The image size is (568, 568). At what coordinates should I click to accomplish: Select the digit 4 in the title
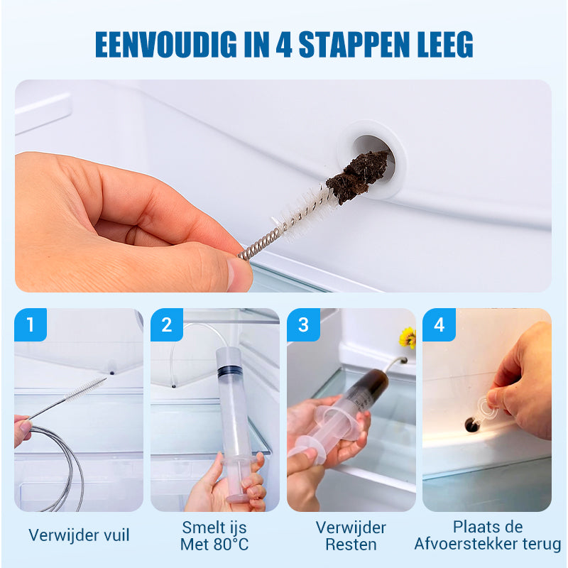[x=283, y=44]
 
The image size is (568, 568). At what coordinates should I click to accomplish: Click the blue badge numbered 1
[x=31, y=324]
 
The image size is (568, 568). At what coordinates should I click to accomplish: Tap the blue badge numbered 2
[x=167, y=324]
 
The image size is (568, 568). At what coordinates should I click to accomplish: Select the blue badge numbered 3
[x=303, y=324]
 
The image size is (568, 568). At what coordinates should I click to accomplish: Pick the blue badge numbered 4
[x=439, y=324]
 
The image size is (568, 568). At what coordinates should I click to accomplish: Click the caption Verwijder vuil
[x=79, y=535]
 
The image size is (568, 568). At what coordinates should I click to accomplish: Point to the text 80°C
[x=231, y=545]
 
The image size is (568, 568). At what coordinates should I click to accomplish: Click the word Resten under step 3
[x=351, y=545]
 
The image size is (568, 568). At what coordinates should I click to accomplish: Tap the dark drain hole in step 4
[x=471, y=425]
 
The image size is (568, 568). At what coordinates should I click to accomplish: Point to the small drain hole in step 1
[x=112, y=373]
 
